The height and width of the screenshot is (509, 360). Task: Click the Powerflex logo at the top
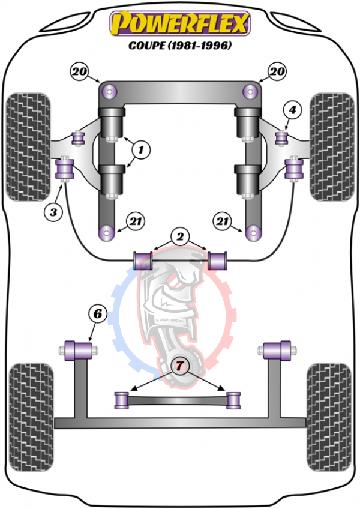click(x=180, y=23)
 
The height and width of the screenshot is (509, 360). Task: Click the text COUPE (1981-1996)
click(x=180, y=45)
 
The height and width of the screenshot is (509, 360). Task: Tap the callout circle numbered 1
click(x=141, y=150)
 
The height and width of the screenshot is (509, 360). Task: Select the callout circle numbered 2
click(x=180, y=236)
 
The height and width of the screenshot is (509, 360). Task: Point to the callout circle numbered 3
click(x=53, y=212)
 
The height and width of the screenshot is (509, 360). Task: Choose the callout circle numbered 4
click(x=292, y=110)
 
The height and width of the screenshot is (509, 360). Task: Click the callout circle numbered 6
click(x=97, y=314)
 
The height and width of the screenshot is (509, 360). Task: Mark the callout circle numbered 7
click(x=179, y=366)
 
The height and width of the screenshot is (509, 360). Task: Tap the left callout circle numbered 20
click(x=79, y=71)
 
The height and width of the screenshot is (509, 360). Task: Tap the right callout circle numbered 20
click(x=277, y=71)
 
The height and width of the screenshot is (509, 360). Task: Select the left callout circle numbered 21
click(x=136, y=221)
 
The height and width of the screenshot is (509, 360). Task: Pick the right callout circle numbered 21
click(x=222, y=221)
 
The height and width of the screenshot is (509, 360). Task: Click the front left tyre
click(x=29, y=147)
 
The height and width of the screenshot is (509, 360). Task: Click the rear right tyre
click(x=329, y=417)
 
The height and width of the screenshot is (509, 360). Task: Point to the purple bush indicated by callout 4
click(x=282, y=138)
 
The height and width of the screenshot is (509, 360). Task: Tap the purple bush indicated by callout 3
click(x=65, y=169)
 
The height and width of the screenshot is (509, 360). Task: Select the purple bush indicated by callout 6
click(x=79, y=351)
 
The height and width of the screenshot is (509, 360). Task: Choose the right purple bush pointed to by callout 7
click(x=233, y=400)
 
